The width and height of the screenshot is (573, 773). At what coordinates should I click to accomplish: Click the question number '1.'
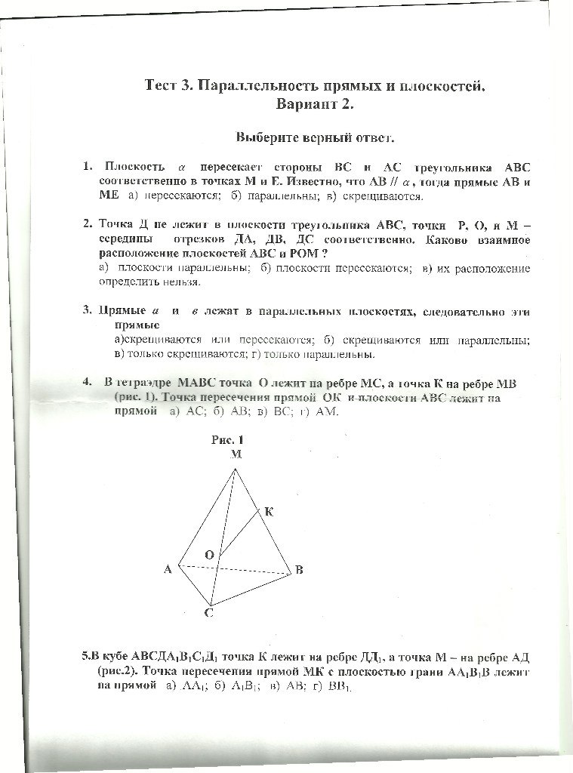(88, 167)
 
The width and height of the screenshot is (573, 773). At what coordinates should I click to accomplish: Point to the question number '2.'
(88, 225)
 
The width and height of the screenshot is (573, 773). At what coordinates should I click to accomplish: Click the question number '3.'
(88, 310)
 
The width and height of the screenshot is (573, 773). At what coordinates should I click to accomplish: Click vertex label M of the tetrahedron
(236, 454)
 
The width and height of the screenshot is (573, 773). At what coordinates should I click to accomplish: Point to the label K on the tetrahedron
(269, 512)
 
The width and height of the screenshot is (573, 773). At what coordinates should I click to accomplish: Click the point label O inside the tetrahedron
(211, 554)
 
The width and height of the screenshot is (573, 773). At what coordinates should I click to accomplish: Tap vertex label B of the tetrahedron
(299, 570)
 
